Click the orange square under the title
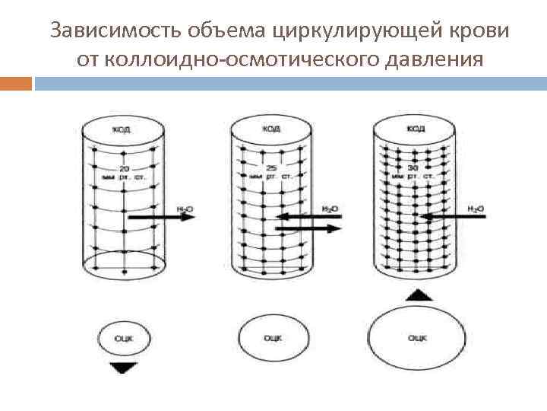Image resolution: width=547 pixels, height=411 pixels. coord(16,82)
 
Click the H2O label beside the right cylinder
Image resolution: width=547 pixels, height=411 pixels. coord(476,209)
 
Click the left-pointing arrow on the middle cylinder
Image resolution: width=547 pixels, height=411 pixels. coord(308,216)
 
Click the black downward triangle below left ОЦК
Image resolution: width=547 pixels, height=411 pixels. coord(122,368)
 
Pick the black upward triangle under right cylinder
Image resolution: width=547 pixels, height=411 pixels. coord(416,295)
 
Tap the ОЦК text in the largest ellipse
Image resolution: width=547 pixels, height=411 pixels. coord(417,337)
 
